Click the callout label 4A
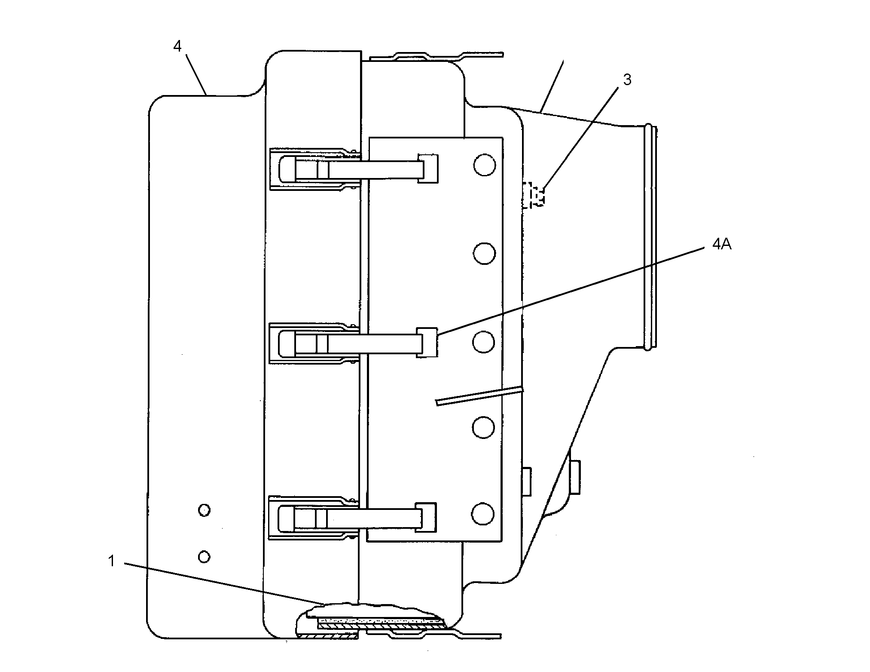722,245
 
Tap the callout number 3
627,80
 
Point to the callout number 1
112,561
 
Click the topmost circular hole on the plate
484,165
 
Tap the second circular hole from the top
484,253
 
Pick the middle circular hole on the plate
483,342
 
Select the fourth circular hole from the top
483,427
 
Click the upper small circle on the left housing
204,510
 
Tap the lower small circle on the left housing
204,557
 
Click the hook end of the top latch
428,168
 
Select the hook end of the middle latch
427,343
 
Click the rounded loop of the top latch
287,169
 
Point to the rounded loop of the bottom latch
287,519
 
